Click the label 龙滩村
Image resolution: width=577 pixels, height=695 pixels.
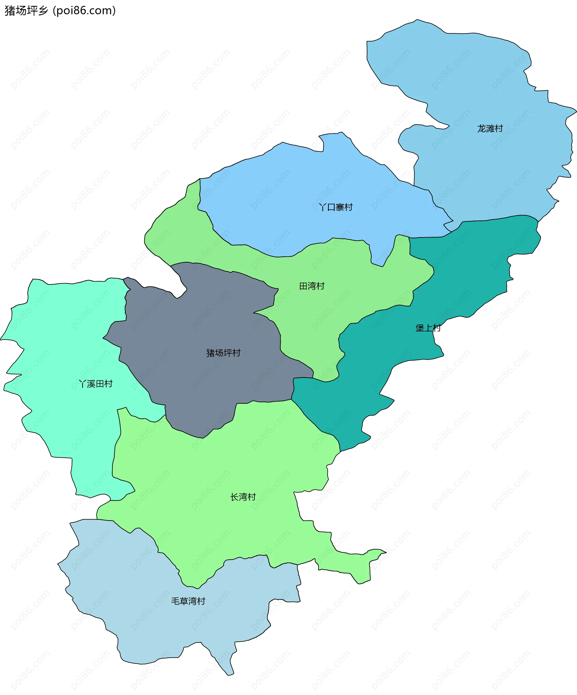[x=490, y=128]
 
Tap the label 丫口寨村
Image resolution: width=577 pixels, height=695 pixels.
[x=336, y=207]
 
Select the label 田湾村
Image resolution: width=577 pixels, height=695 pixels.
[x=312, y=286]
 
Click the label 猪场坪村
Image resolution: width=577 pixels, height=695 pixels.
[x=224, y=353]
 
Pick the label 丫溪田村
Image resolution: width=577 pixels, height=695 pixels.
[x=96, y=384]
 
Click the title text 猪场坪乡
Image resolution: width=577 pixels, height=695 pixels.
[x=26, y=11]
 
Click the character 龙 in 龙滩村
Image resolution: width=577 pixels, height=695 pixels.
[x=481, y=128]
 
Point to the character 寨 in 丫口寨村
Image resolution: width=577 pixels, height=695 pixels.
[x=340, y=207]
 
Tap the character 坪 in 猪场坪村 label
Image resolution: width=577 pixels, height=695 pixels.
[x=228, y=353]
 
